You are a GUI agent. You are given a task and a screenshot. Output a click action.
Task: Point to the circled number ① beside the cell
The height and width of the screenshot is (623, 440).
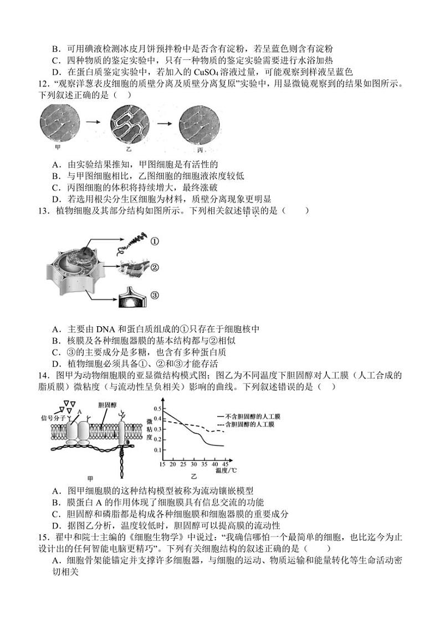pos(155,241)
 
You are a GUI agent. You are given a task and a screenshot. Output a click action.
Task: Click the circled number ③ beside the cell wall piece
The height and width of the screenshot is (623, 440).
pos(155,295)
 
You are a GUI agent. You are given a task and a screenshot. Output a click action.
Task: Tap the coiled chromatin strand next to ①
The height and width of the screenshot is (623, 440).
pos(131,242)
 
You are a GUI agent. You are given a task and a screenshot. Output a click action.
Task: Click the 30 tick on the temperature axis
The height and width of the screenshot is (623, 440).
pos(193,464)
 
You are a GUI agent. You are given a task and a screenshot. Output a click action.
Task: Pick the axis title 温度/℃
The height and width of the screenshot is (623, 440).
pos(226,471)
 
